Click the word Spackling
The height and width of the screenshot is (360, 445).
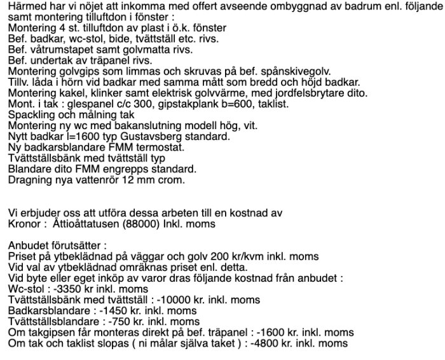(31, 114)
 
